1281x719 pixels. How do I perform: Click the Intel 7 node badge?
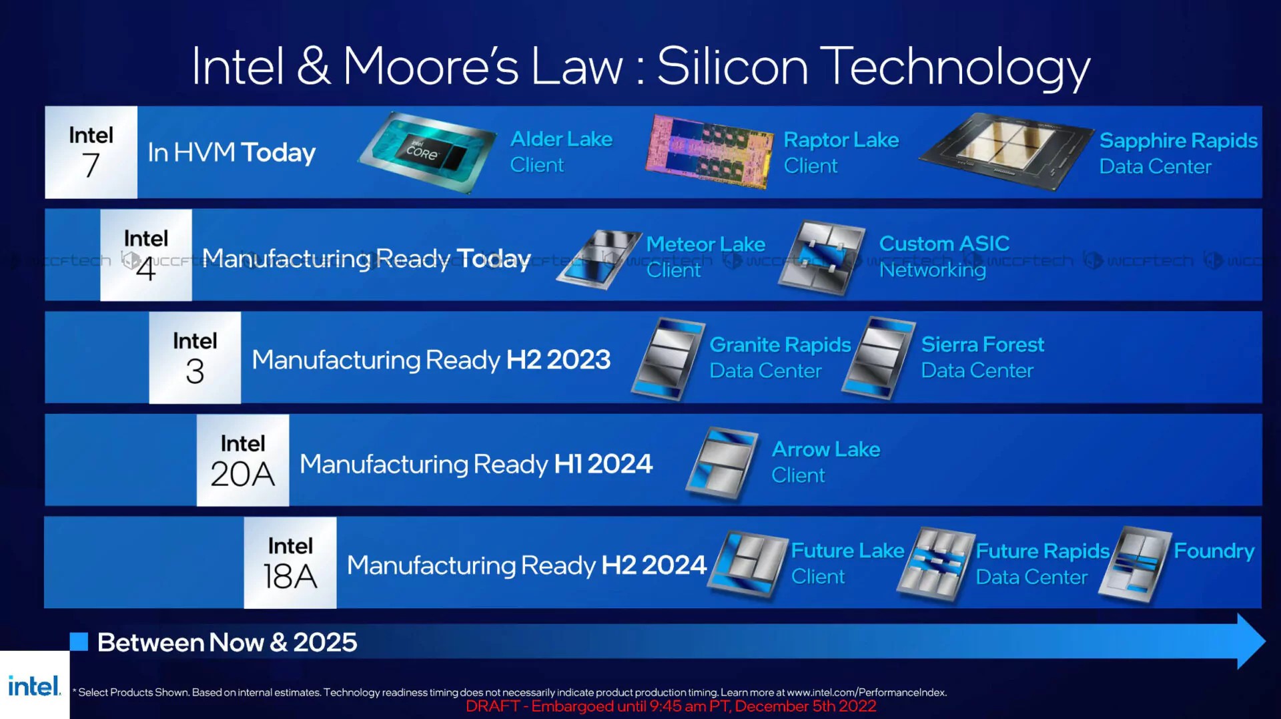tap(91, 152)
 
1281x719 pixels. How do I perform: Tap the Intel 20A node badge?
tap(243, 460)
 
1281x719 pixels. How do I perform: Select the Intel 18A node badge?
tap(290, 563)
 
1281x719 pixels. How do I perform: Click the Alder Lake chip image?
tap(428, 153)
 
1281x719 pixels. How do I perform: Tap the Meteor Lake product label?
tap(706, 257)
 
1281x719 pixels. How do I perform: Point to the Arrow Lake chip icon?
tap(723, 463)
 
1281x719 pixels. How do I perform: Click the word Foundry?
tap(1214, 551)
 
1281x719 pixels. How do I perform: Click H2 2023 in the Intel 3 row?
tap(558, 360)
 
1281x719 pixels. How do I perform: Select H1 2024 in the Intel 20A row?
tap(603, 463)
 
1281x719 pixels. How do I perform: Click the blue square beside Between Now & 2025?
tap(79, 642)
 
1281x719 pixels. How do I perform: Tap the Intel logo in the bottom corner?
tap(34, 686)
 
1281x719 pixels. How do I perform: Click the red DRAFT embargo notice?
tap(671, 706)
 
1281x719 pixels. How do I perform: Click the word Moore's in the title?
tap(431, 67)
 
